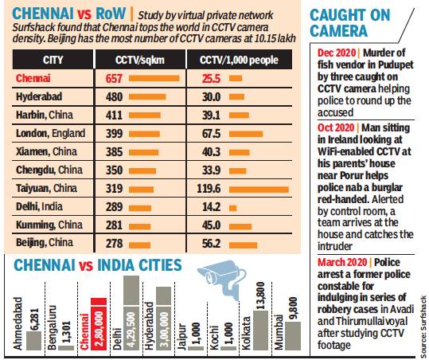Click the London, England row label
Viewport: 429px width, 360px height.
pyautogui.click(x=51, y=132)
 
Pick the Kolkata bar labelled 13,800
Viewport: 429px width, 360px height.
pyautogui.click(x=259, y=319)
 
